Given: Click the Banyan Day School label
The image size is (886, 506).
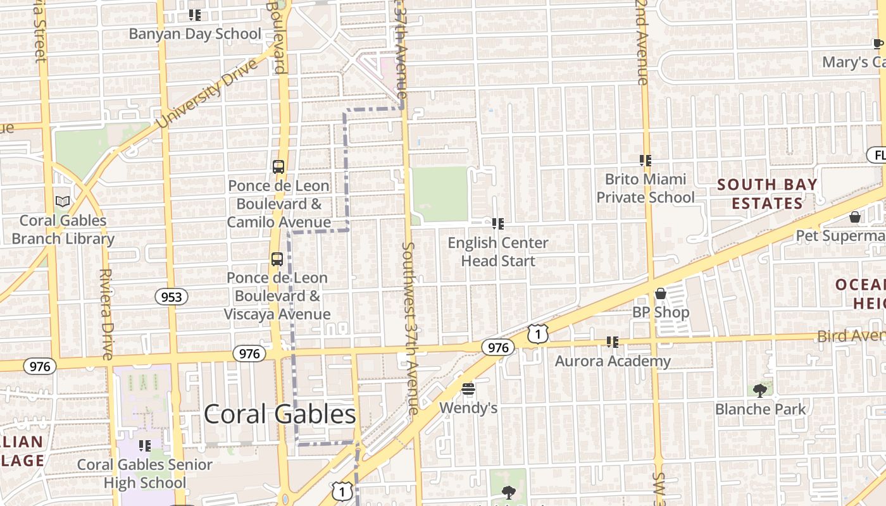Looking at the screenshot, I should pos(195,34).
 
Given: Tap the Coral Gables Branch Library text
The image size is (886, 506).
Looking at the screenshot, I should pos(63,230).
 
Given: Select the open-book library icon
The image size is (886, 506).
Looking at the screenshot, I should pos(63,202).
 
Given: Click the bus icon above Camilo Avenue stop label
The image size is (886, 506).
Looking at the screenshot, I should pos(278,167).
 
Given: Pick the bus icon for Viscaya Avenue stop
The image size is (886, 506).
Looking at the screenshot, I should pos(277,259).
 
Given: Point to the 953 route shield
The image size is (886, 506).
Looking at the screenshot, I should pos(172,297).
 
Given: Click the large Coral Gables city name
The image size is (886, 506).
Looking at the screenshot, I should pos(280,414).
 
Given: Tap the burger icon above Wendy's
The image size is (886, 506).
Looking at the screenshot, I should pos(468,388).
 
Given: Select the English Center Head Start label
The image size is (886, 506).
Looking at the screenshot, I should pos(498,252).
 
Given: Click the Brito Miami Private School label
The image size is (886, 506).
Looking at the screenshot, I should pos(646,188).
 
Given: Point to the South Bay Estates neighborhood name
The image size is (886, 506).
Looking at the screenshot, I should pos(767,194).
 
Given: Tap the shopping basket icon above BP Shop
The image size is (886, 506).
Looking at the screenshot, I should pos(661,293).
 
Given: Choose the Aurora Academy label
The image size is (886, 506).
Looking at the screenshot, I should pos(613,361).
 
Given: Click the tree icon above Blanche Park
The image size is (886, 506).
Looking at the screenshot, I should pos(760,390).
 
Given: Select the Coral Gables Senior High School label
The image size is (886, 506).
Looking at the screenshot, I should pos(145,474).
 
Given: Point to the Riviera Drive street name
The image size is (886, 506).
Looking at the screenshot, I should pos(106,314).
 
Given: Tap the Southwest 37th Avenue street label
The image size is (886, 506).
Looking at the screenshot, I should pos(410,328).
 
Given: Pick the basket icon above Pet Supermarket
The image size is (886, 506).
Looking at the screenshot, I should pos(855,217).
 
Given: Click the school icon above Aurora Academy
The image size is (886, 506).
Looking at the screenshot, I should pos(612,342).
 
